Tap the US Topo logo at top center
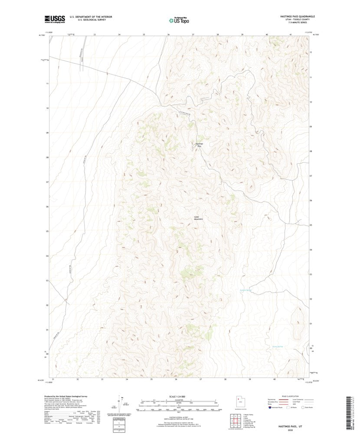[x=180, y=19]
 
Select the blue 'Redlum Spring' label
[x=246, y=290]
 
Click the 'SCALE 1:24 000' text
[x=180, y=396]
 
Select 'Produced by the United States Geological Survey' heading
[x=65, y=396]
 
